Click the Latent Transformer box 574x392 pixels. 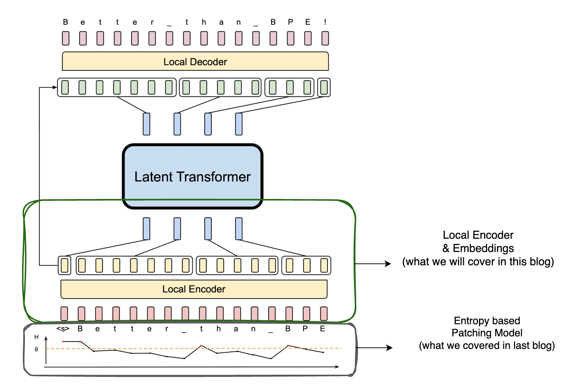(x=192, y=176)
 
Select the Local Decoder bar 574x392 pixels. (x=195, y=62)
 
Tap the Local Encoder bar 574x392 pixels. (x=194, y=289)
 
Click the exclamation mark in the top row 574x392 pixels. (x=325, y=22)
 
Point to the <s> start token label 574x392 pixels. (x=63, y=329)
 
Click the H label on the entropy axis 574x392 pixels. (x=36, y=337)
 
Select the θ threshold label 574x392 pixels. (x=36, y=349)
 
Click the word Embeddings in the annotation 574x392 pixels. (x=483, y=248)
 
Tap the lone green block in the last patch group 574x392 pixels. (x=324, y=87)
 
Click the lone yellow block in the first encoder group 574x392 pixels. (x=64, y=265)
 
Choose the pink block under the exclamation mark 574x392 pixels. (x=325, y=38)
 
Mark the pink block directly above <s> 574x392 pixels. (x=64, y=314)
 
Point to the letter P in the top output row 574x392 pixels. (x=291, y=22)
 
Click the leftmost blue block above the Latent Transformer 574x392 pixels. (x=147, y=124)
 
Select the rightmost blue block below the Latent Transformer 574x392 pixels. (x=239, y=229)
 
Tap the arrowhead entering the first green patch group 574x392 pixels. (x=55, y=87)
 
